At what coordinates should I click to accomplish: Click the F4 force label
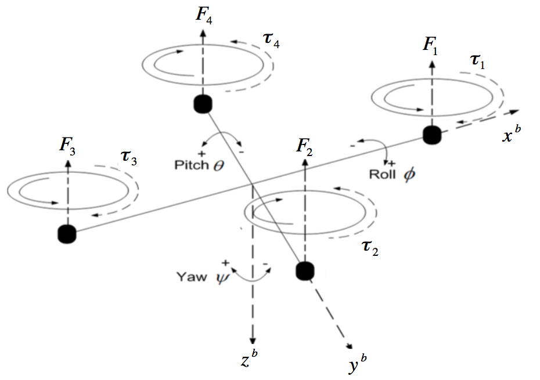(x=205, y=13)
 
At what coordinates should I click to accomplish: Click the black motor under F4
(x=203, y=104)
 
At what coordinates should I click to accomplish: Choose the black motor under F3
(x=67, y=234)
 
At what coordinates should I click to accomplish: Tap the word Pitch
(x=190, y=165)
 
